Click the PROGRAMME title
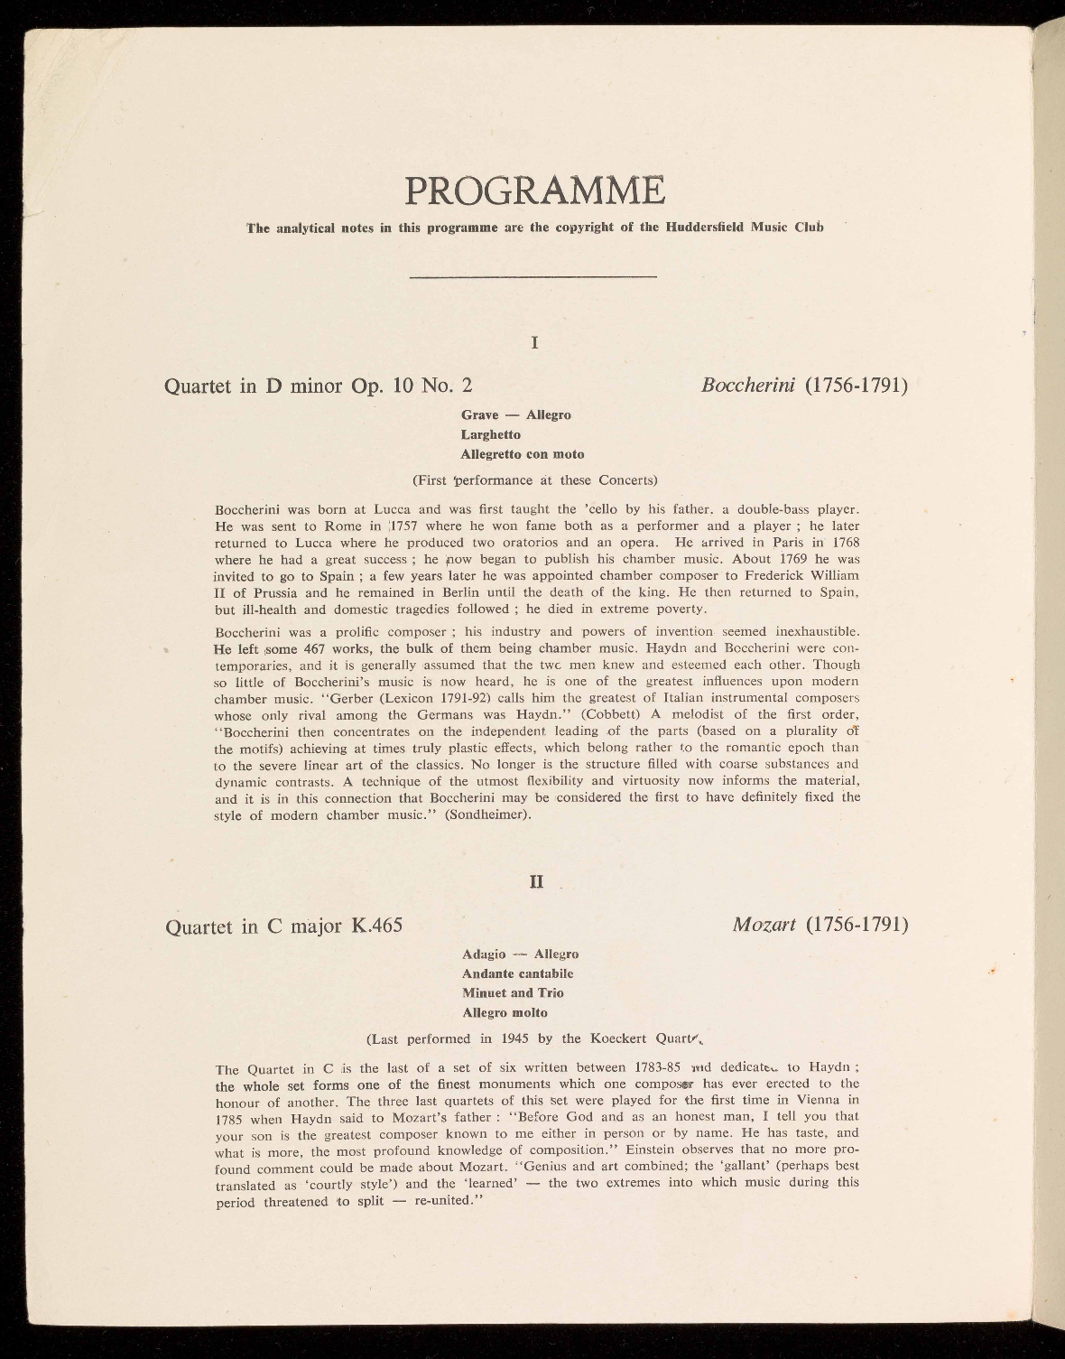pyautogui.click(x=534, y=190)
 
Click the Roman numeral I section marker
pyautogui.click(x=535, y=342)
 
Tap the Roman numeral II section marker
pyautogui.click(x=535, y=881)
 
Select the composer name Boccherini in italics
pyautogui.click(x=748, y=386)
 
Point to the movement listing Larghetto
pyautogui.click(x=490, y=434)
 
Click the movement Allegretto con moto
pyautogui.click(x=522, y=454)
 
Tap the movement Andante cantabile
pyautogui.click(x=517, y=973)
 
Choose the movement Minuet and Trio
pyautogui.click(x=512, y=993)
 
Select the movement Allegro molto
pyautogui.click(x=505, y=1012)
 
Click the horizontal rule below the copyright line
pyautogui.click(x=532, y=276)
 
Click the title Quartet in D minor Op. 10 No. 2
pyautogui.click(x=318, y=386)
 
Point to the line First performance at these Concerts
pyautogui.click(x=534, y=479)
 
